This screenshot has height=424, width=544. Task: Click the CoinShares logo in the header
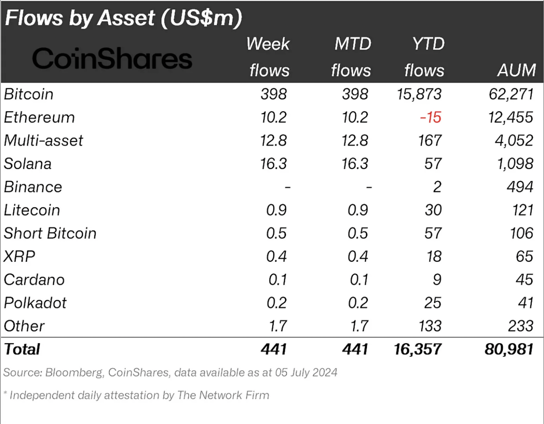tap(112, 58)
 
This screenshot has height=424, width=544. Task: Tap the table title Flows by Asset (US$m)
tap(124, 18)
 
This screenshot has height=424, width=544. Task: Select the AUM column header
tap(516, 70)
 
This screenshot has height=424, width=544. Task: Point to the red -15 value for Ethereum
tap(430, 117)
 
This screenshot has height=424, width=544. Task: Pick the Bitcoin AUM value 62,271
tap(511, 94)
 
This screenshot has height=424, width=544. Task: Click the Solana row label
tap(28, 164)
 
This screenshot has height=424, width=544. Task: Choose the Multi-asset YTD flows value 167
tap(430, 140)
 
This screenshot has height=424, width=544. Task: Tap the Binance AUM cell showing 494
tap(520, 187)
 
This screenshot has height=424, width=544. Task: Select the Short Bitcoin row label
tap(50, 233)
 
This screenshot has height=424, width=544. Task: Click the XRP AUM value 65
tap(524, 256)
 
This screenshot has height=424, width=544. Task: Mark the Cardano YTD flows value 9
tap(437, 280)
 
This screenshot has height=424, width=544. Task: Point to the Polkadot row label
tap(35, 303)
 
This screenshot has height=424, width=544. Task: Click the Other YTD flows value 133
tap(430, 326)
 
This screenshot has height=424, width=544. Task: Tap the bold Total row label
tap(22, 349)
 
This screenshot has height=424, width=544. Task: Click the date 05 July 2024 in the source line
tap(306, 372)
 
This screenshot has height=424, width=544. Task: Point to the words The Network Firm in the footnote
tap(223, 395)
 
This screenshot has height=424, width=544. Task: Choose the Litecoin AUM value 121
tap(522, 210)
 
